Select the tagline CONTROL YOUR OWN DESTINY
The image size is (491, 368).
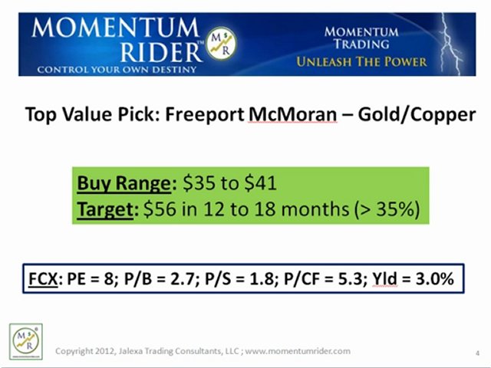(110, 69)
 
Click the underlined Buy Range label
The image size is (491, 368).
(124, 184)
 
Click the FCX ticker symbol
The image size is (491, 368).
(39, 279)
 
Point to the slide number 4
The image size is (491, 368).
(477, 352)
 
